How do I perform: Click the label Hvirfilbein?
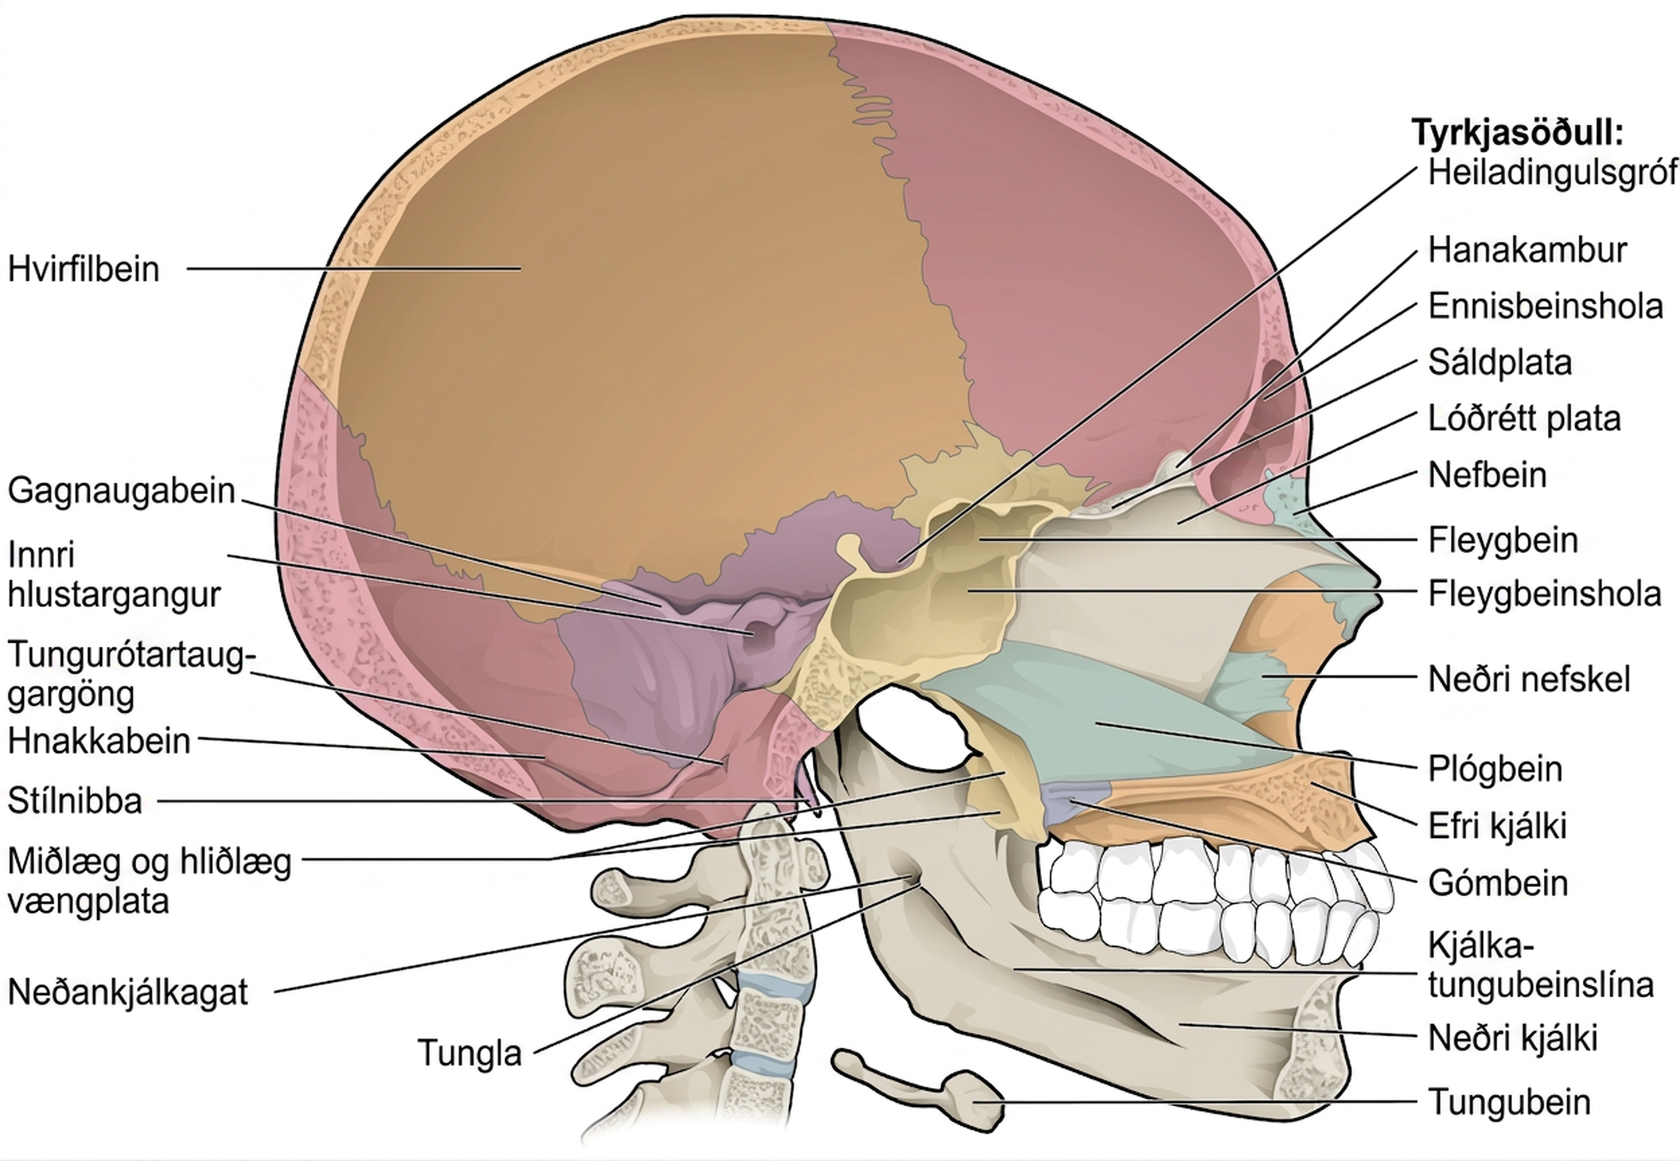(x=84, y=269)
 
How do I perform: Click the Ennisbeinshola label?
(x=1545, y=306)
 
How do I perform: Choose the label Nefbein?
(x=1487, y=475)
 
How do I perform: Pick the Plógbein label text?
(x=1495, y=769)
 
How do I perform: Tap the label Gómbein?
(x=1497, y=883)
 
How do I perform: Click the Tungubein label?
(x=1509, y=1101)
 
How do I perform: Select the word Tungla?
(x=470, y=1053)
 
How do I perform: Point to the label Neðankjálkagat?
(x=128, y=991)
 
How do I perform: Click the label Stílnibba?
(x=75, y=801)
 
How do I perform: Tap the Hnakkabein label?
(x=99, y=741)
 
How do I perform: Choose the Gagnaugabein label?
(x=121, y=491)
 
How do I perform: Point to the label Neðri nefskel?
(x=1529, y=678)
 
